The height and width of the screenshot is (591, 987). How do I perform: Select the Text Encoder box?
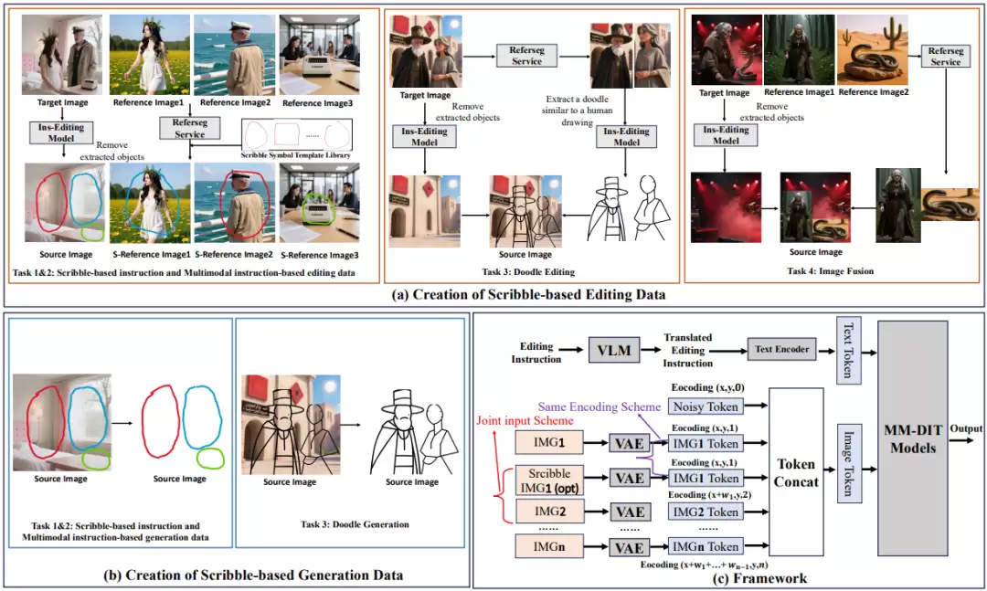pyautogui.click(x=782, y=349)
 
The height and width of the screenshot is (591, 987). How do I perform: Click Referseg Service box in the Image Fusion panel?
pyautogui.click(x=946, y=56)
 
